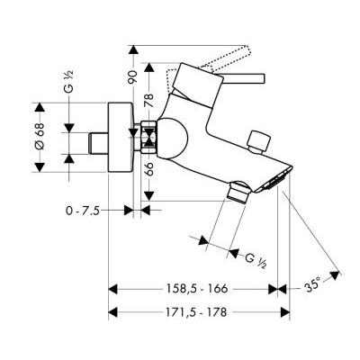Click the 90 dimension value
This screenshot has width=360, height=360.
pos(133,76)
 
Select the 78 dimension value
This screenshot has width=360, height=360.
pos(149,101)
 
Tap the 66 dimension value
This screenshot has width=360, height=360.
pos(149,169)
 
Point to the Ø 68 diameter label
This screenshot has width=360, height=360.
pos(40,137)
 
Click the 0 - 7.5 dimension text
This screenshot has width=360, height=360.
pos(83,211)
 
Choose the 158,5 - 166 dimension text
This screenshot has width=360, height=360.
pos(197,289)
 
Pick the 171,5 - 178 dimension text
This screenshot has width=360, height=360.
pos(196,312)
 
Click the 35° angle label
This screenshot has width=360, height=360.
pos(312,285)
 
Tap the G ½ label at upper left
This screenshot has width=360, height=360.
pos(68,81)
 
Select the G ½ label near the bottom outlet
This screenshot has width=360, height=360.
pos(256,260)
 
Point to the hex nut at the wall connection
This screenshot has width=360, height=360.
pos(148,137)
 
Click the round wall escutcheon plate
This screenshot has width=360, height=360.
pos(121,138)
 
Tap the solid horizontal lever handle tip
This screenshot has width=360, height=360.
pos(263,77)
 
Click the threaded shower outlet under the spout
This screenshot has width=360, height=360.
pos(238,192)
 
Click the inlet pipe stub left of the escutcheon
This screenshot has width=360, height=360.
pos(98,142)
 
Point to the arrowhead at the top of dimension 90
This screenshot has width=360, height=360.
pos(133,49)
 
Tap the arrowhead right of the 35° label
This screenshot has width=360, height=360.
pos(335,275)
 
